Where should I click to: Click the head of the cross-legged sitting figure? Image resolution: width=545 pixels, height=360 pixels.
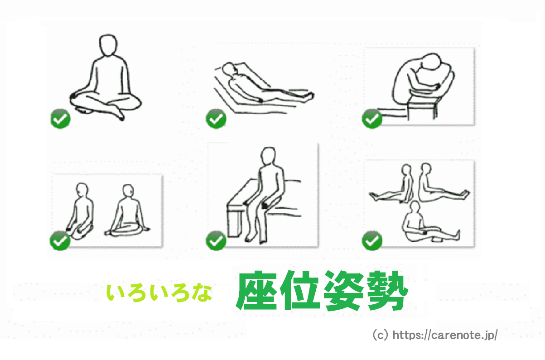pyautogui.click(x=108, y=46)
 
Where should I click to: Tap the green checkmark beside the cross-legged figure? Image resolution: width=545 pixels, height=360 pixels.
pyautogui.click(x=60, y=120)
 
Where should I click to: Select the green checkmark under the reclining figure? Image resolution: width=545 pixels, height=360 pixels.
pyautogui.click(x=216, y=119)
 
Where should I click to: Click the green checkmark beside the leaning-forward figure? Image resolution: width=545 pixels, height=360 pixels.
pyautogui.click(x=372, y=119)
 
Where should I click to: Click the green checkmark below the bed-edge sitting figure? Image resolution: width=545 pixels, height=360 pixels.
pyautogui.click(x=216, y=240)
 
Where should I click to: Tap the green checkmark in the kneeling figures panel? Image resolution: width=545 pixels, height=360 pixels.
pyautogui.click(x=60, y=240)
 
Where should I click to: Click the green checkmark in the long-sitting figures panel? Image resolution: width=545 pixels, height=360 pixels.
pyautogui.click(x=372, y=240)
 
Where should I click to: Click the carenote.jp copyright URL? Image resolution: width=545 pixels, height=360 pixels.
pyautogui.click(x=435, y=336)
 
